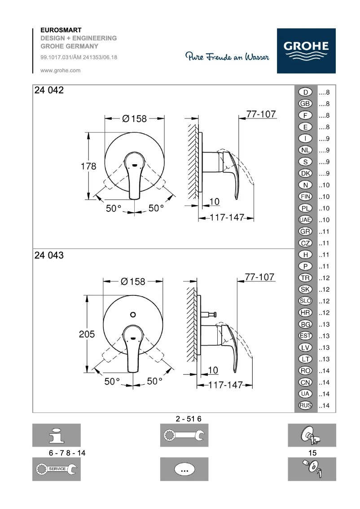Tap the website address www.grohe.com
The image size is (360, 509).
click(x=60, y=70)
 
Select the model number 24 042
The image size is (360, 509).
click(x=49, y=90)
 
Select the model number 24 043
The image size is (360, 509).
click(x=49, y=255)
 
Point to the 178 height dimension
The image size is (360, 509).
click(x=88, y=166)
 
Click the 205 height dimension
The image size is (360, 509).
click(x=87, y=334)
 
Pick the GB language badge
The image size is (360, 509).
click(x=305, y=104)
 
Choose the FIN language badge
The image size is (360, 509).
click(x=305, y=197)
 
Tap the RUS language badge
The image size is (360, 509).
click(x=305, y=406)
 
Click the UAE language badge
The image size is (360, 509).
click(x=305, y=220)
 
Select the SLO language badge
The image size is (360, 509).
click(x=305, y=301)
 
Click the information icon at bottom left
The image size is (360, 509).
click(x=56, y=435)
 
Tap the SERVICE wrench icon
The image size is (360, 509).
click(x=56, y=469)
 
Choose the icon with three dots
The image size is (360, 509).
click(x=184, y=469)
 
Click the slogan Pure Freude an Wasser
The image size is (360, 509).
click(x=228, y=57)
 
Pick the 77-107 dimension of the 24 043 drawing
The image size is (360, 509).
click(x=259, y=277)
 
